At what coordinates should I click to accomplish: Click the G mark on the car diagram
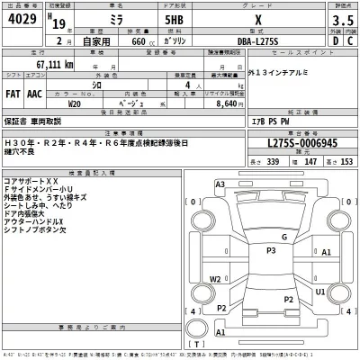coord(284,236)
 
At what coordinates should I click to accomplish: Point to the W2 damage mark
coord(215,278)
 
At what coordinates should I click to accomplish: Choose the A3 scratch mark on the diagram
coord(220,184)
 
